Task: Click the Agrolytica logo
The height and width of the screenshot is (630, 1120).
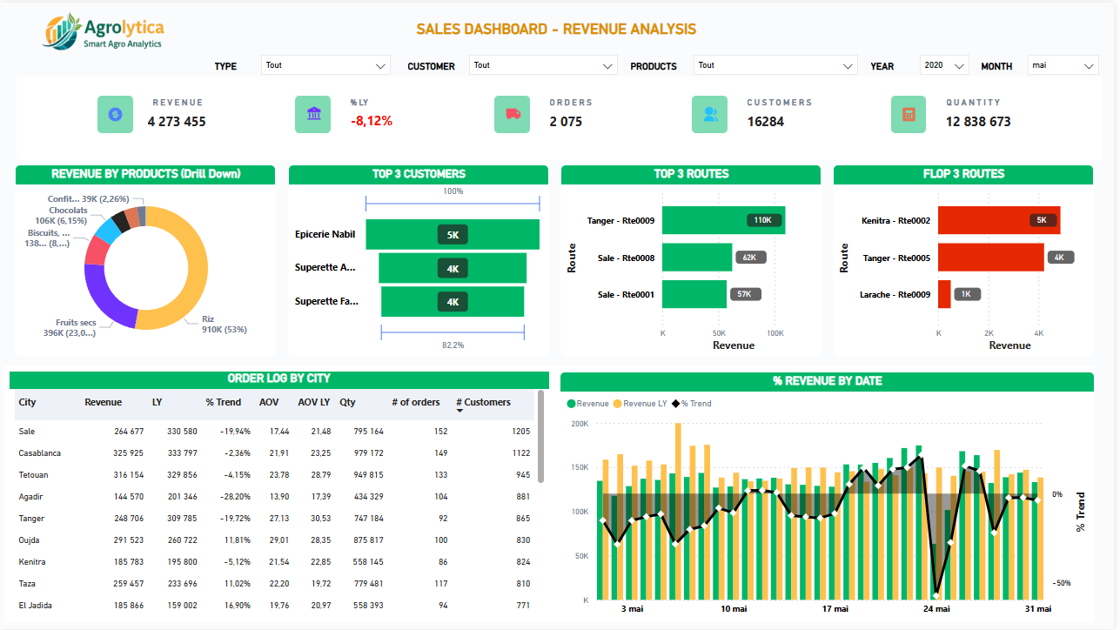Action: (x=102, y=32)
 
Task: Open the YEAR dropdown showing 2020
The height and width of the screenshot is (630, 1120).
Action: (x=944, y=65)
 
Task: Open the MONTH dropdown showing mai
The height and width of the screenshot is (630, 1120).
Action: (x=1063, y=65)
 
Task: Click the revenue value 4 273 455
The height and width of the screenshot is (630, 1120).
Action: (x=177, y=122)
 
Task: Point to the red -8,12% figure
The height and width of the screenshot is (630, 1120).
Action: (x=372, y=121)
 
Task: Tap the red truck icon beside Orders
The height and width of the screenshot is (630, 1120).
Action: (x=512, y=114)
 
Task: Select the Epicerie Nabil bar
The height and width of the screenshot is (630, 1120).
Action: (x=453, y=235)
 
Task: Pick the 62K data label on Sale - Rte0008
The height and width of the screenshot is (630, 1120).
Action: (x=748, y=258)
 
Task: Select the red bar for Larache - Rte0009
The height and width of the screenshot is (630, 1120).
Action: (x=944, y=294)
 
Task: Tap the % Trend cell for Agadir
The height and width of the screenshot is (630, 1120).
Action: (x=234, y=497)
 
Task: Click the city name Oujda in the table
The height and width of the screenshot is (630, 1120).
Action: (x=30, y=540)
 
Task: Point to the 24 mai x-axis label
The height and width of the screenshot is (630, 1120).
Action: (x=936, y=609)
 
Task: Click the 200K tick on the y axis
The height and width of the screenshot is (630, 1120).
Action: (x=580, y=424)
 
